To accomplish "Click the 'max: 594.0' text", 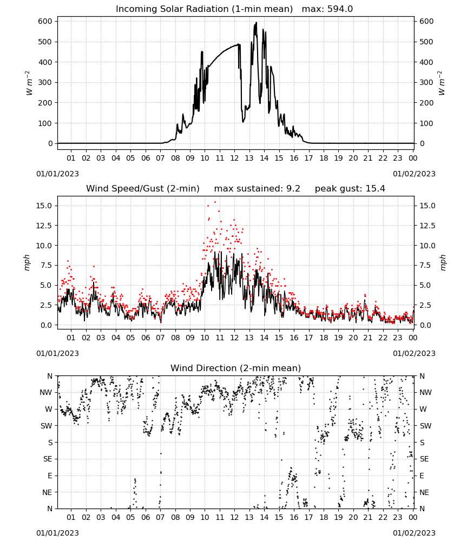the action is (327, 9).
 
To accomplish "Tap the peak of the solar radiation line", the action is (256, 23).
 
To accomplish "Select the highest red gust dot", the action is (215, 202).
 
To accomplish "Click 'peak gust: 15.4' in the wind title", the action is (350, 189).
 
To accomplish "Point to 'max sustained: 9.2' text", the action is (257, 189).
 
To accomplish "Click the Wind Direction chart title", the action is (236, 368).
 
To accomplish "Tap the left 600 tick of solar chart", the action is (45, 21).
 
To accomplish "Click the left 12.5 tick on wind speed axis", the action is (44, 226).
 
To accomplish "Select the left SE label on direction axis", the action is (48, 459).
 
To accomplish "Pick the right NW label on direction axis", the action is (425, 392).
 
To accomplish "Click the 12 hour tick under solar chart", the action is (234, 158).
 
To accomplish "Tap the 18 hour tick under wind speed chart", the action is (324, 338).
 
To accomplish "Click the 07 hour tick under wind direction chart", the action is (160, 517).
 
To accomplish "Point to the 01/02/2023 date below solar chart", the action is (414, 174).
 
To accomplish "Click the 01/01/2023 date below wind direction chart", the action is (57, 533).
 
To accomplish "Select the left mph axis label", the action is (27, 262).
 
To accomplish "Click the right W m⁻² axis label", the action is (442, 83).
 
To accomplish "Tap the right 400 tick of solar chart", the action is (426, 62).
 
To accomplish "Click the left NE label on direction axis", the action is (47, 492).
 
